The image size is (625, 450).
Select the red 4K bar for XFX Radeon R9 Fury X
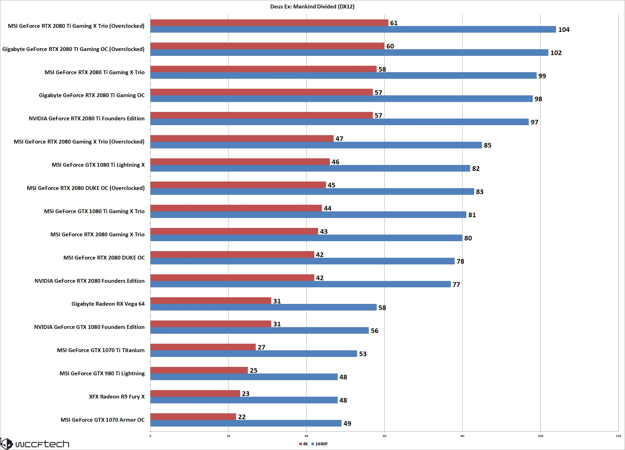click(x=195, y=393)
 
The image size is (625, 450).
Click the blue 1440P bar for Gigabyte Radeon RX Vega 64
click(x=263, y=307)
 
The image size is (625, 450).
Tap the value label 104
click(x=564, y=30)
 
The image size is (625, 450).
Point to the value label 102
click(x=556, y=53)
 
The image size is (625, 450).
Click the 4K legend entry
click(x=304, y=444)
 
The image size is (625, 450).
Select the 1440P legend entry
click(x=320, y=444)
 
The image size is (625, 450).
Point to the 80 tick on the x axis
click(x=463, y=436)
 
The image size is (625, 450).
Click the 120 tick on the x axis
click(x=618, y=436)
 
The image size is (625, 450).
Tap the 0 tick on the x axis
click(x=150, y=436)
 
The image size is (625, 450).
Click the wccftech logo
click(x=35, y=443)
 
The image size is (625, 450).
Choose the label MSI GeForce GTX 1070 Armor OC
click(x=103, y=420)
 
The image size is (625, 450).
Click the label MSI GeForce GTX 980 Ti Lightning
click(x=102, y=373)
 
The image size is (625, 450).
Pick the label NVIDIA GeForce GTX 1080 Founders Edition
click(x=89, y=327)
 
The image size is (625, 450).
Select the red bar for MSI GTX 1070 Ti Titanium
click(x=203, y=347)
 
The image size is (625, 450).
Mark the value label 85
click(x=487, y=145)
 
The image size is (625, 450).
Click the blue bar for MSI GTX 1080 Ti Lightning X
click(x=310, y=168)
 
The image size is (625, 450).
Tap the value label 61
click(x=394, y=23)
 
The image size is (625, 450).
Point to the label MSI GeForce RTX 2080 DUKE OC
click(x=104, y=258)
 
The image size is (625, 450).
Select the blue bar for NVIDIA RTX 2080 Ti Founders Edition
click(x=339, y=122)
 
